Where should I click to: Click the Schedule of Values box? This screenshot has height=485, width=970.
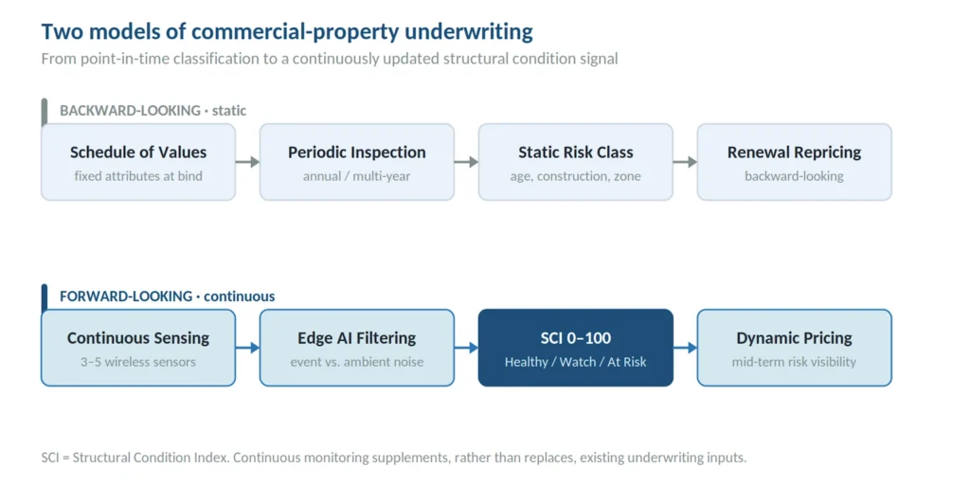(x=138, y=162)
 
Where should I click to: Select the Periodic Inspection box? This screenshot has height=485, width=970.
(x=357, y=162)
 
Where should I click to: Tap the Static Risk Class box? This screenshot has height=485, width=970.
(x=576, y=162)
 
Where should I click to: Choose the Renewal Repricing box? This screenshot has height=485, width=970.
(x=795, y=162)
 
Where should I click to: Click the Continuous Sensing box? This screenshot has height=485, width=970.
(x=138, y=348)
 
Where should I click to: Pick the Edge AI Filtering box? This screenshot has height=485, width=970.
(x=357, y=348)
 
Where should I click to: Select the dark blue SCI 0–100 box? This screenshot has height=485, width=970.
(x=576, y=348)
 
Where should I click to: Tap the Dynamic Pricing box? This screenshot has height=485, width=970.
(x=795, y=348)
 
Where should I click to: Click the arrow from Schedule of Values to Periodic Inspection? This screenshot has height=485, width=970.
(x=247, y=162)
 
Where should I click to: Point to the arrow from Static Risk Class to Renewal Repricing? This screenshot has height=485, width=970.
(x=686, y=162)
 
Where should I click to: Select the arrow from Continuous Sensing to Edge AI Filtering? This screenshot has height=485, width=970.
(x=247, y=348)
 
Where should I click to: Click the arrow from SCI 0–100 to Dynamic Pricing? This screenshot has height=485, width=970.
(x=686, y=348)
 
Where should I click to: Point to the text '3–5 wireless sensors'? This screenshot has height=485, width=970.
(x=138, y=362)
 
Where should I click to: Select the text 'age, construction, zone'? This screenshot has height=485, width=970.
(x=575, y=176)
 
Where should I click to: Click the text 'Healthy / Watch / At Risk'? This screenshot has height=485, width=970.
(x=575, y=362)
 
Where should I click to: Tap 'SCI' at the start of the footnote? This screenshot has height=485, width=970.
(x=52, y=458)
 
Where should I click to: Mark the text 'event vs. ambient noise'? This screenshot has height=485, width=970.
(x=357, y=362)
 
